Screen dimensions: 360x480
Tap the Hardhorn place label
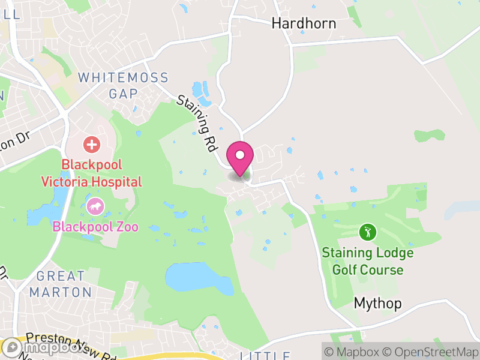click(x=304, y=23)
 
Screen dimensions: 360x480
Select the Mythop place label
click(x=377, y=304)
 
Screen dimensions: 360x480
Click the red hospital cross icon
click(x=92, y=144)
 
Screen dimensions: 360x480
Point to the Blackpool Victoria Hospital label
click(x=91, y=173)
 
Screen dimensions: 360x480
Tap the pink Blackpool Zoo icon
click(x=95, y=208)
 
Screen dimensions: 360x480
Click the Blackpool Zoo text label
click(x=95, y=227)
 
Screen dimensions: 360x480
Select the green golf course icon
click(x=368, y=232)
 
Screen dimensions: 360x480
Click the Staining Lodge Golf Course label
click(x=367, y=261)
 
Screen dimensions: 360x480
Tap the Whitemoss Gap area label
click(x=123, y=85)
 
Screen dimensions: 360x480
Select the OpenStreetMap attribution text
click(x=433, y=352)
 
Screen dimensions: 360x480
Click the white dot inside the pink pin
click(x=240, y=155)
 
